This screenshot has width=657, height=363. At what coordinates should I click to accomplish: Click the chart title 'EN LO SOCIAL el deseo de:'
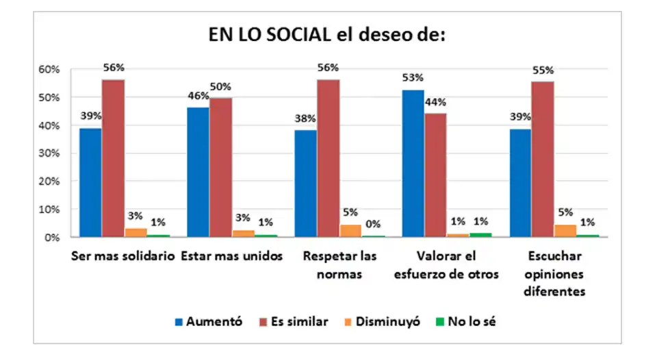click(327, 36)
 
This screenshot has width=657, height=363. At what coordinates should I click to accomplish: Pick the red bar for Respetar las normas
click(328, 158)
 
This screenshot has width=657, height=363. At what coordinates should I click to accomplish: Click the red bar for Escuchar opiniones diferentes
click(543, 159)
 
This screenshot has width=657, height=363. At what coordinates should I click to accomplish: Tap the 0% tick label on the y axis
click(55, 238)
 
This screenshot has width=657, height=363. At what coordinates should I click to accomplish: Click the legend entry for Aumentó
click(208, 321)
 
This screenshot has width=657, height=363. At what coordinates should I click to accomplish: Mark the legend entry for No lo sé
click(466, 321)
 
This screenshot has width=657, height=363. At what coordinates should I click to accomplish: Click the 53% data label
click(413, 77)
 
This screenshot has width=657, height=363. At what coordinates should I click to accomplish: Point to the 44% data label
click(436, 102)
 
